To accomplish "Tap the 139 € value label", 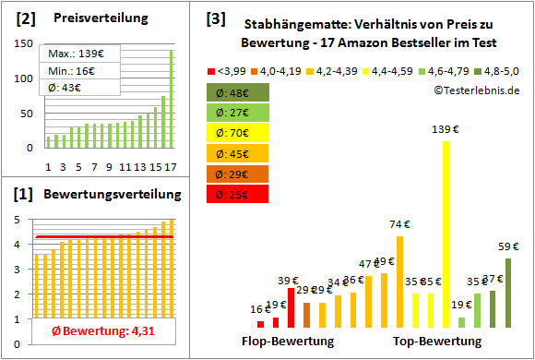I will coord(447,130).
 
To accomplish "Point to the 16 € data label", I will coord(261,310).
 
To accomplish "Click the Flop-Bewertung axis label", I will coord(287,342).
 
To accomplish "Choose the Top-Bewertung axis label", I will coord(437,342).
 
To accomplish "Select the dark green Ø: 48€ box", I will coord(238,92).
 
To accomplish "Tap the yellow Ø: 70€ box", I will coord(238,133).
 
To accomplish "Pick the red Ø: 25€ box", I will coord(238,194).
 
